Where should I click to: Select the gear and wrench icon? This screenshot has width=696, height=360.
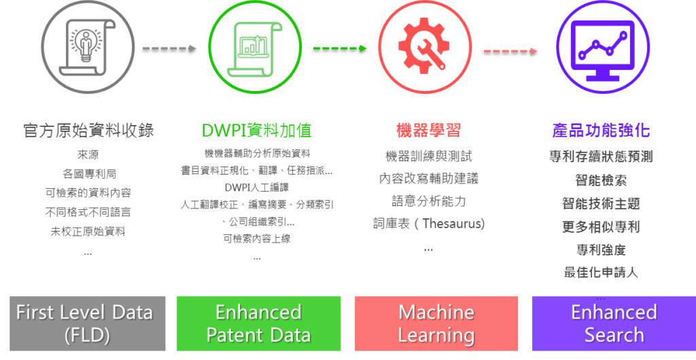click(x=424, y=46)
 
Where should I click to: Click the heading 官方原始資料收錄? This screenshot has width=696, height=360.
click(x=88, y=130)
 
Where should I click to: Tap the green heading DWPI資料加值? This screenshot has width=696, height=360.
click(x=256, y=130)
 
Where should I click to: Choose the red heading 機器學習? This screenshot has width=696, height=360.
click(x=424, y=130)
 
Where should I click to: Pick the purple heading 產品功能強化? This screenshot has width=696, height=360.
click(x=601, y=130)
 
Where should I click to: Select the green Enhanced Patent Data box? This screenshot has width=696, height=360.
click(x=258, y=323)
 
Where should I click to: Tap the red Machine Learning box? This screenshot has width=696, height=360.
click(x=436, y=323)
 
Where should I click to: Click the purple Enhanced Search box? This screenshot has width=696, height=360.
click(x=613, y=323)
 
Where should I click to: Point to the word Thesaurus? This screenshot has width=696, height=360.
click(x=453, y=223)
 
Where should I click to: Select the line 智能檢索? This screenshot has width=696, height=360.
click(x=601, y=180)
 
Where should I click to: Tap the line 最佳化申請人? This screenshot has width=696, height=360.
click(x=601, y=272)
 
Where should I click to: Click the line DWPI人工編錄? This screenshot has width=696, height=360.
click(x=256, y=187)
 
